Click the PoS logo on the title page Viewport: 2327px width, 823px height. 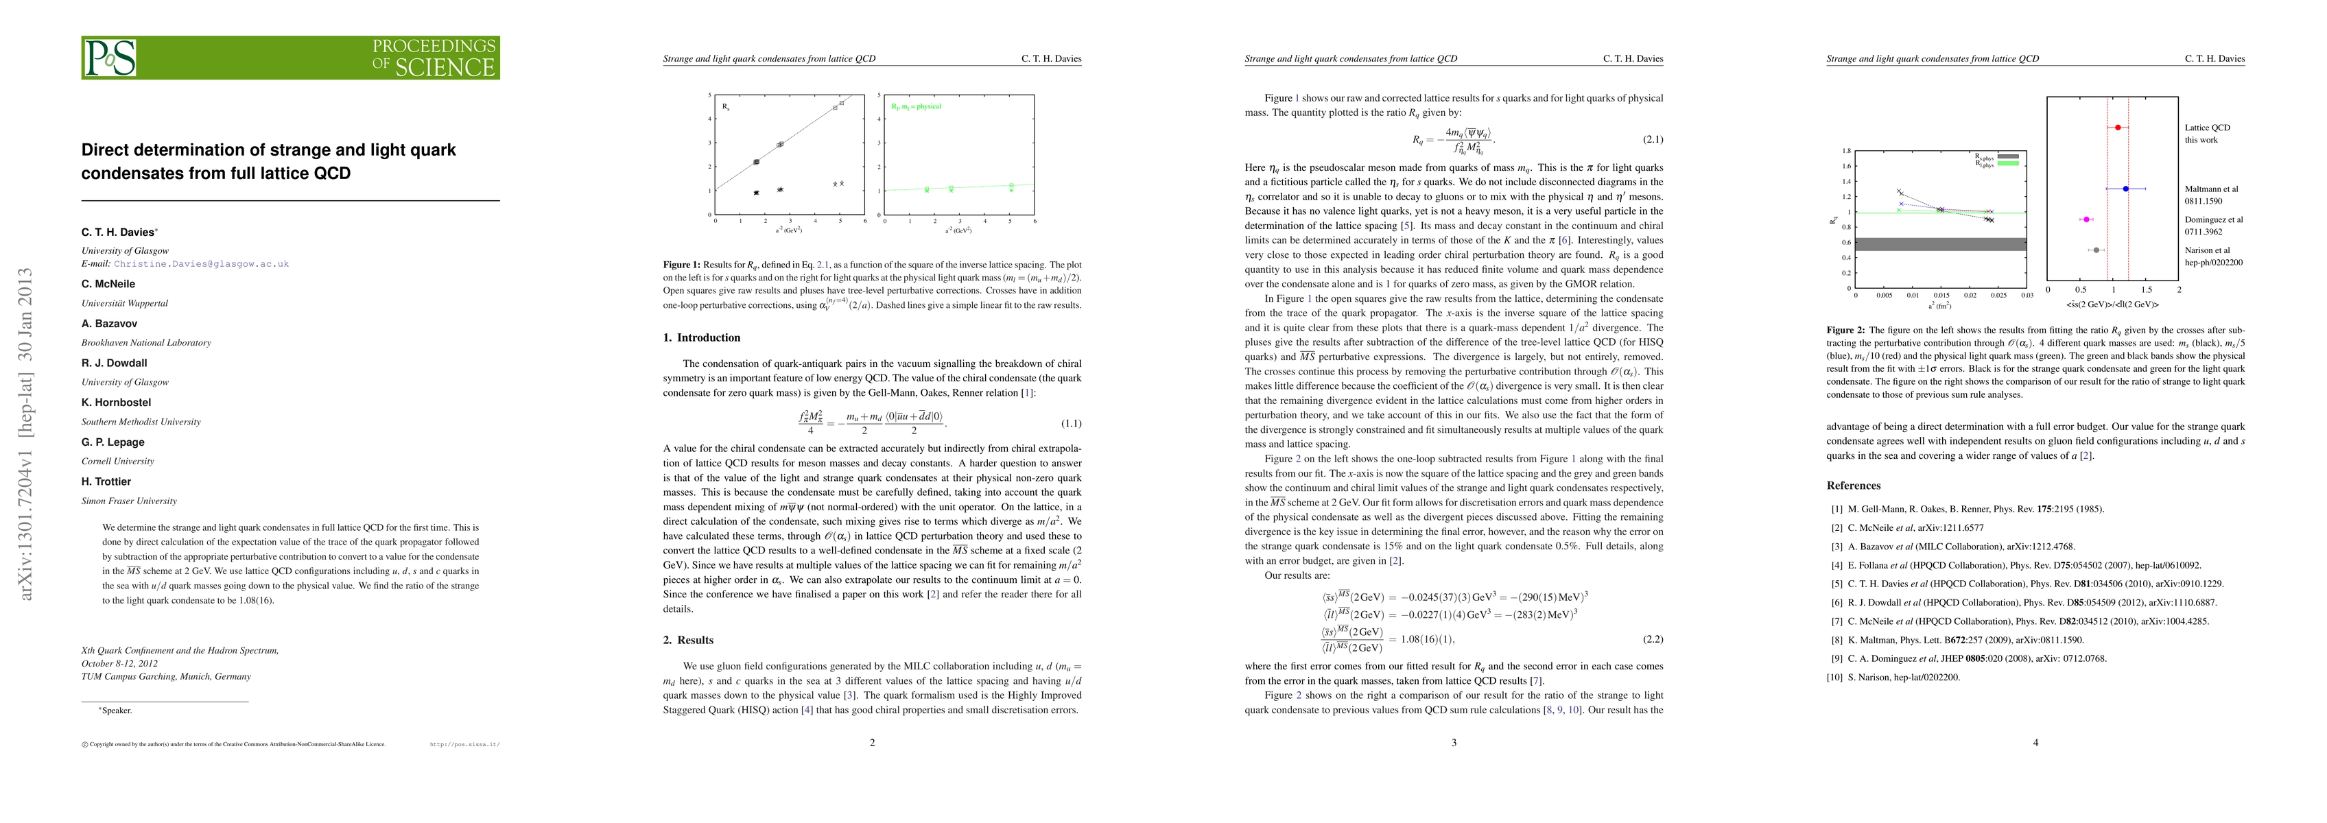[110, 58]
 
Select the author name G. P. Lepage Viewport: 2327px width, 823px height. [113, 442]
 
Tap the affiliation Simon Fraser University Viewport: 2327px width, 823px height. [129, 501]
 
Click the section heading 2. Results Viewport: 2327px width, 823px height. [687, 640]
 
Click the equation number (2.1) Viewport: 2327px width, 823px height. [1651, 139]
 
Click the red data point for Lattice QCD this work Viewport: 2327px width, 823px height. [2118, 128]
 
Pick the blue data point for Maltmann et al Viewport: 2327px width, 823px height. [2125, 189]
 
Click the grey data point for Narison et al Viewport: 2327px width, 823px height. [2096, 250]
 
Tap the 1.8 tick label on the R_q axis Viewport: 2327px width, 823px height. [1846, 151]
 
